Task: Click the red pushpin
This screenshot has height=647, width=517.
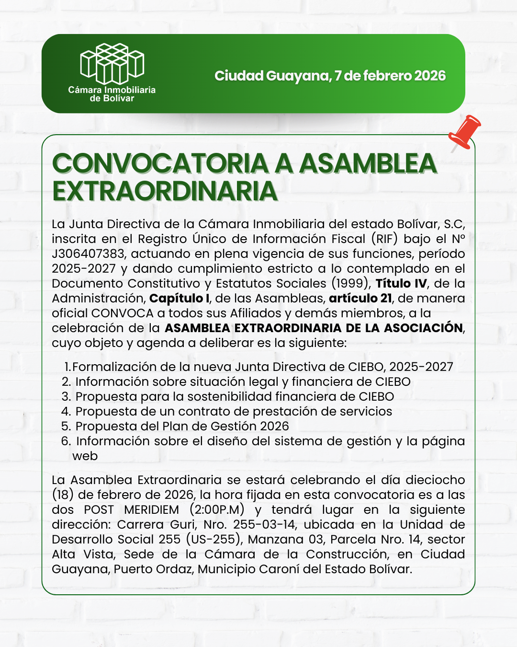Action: click(465, 132)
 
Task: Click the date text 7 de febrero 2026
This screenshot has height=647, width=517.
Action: click(390, 76)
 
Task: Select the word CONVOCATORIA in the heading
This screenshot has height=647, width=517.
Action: click(160, 163)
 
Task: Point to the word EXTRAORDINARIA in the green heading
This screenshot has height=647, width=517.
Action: click(165, 191)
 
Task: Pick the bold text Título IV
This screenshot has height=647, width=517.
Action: click(401, 283)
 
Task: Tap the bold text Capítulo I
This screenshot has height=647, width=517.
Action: click(179, 298)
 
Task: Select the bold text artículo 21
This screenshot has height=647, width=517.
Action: click(360, 298)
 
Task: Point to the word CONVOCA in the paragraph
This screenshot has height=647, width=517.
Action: click(122, 313)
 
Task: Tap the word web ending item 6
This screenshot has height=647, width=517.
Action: click(85, 456)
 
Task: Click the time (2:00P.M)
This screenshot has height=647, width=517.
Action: click(217, 509)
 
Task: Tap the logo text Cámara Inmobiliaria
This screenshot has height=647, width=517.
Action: click(112, 90)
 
